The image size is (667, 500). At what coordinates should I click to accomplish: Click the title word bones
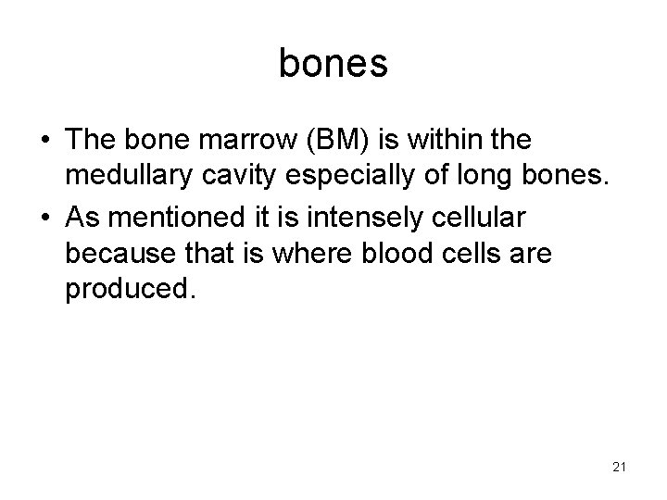tap(333, 64)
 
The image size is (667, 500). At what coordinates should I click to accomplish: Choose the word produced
tap(130, 290)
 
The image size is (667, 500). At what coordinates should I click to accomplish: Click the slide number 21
tap(619, 468)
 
